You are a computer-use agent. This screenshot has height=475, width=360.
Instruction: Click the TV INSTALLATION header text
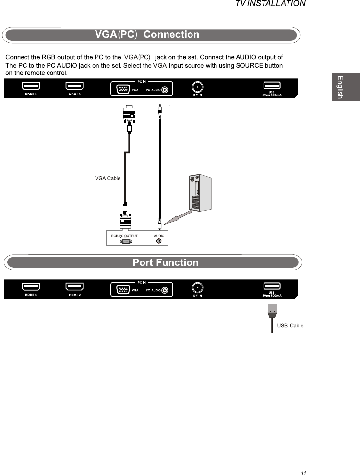click(x=270, y=4)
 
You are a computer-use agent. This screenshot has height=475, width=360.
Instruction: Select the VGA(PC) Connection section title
click(x=147, y=35)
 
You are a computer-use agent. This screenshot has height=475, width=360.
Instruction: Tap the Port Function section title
click(x=166, y=262)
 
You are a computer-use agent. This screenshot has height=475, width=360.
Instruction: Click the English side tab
click(x=338, y=87)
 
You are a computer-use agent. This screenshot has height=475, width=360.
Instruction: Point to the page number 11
click(x=304, y=473)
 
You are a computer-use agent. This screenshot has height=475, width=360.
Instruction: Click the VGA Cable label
click(x=108, y=178)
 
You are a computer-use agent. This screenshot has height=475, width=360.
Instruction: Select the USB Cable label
click(x=290, y=326)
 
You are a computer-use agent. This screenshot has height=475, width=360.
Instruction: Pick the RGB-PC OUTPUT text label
click(x=124, y=236)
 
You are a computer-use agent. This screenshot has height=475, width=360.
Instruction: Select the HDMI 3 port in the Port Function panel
click(x=31, y=286)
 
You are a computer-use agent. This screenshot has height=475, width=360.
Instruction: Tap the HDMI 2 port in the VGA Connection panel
click(x=74, y=86)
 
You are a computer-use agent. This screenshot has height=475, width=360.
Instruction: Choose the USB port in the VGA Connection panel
click(x=272, y=86)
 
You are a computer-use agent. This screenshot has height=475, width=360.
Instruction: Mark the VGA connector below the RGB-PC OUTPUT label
click(x=126, y=241)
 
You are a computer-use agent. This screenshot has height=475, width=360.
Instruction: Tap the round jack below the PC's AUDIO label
click(x=158, y=241)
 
